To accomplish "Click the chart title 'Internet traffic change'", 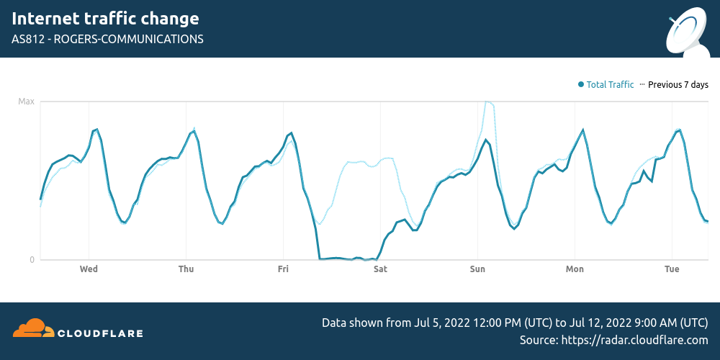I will click(x=105, y=19).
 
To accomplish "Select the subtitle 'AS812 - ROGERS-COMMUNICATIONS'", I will click(x=107, y=39).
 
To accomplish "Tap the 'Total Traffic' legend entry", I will click(x=610, y=85).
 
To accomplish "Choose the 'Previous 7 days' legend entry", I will click(x=678, y=85).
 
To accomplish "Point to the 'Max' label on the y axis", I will click(x=26, y=102).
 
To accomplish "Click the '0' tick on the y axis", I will click(x=32, y=259).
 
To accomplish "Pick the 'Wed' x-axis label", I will click(x=89, y=269).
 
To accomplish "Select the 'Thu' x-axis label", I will click(x=186, y=269).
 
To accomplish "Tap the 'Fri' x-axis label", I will click(x=283, y=269).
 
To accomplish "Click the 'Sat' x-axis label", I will click(x=380, y=269).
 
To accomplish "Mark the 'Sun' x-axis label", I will click(x=477, y=269).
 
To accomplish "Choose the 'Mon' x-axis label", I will click(x=575, y=269).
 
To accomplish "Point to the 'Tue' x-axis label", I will click(x=672, y=269).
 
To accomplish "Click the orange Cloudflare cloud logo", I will click(x=33, y=328).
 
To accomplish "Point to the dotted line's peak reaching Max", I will click(x=489, y=102).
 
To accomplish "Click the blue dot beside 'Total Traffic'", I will click(x=580, y=85).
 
